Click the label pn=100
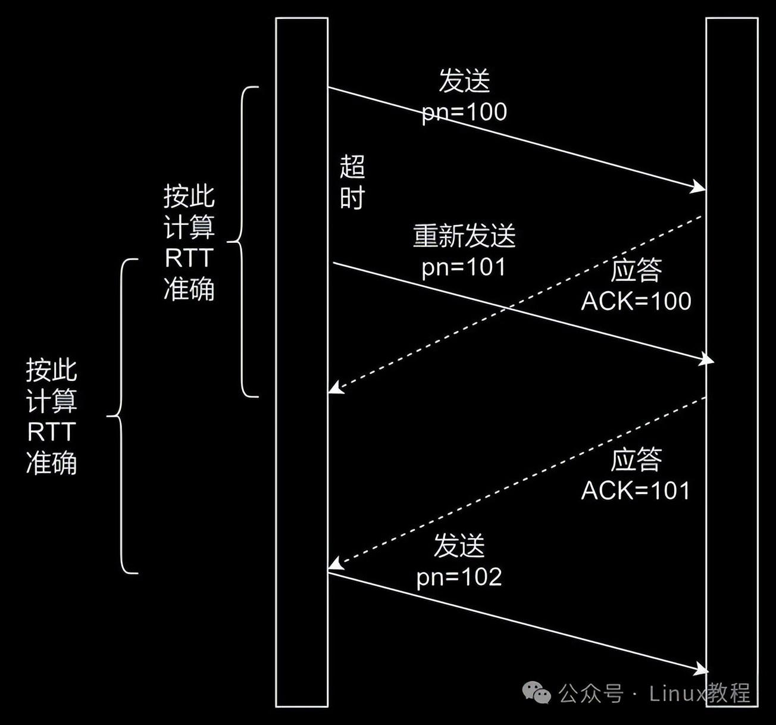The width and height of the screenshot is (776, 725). click(464, 112)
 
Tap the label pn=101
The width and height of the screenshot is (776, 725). click(464, 267)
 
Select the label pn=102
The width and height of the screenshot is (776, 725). click(459, 577)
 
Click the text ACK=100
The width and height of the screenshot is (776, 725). click(636, 301)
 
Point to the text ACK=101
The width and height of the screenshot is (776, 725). click(636, 491)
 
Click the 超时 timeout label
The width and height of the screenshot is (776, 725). click(352, 182)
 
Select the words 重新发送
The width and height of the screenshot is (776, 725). click(464, 236)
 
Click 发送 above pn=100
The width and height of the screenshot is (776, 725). click(464, 81)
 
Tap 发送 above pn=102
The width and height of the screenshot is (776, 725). click(459, 546)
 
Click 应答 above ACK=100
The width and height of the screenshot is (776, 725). click(636, 270)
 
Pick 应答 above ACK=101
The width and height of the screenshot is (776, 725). click(636, 460)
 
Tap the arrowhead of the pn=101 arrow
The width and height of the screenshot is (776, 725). click(707, 360)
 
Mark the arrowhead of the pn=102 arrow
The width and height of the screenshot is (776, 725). click(701, 669)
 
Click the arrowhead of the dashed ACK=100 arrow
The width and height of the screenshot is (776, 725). click(335, 389)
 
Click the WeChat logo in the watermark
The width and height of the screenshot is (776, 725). click(536, 692)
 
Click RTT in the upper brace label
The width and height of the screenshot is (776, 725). click(189, 258)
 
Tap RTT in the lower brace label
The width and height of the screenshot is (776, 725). click(51, 432)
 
